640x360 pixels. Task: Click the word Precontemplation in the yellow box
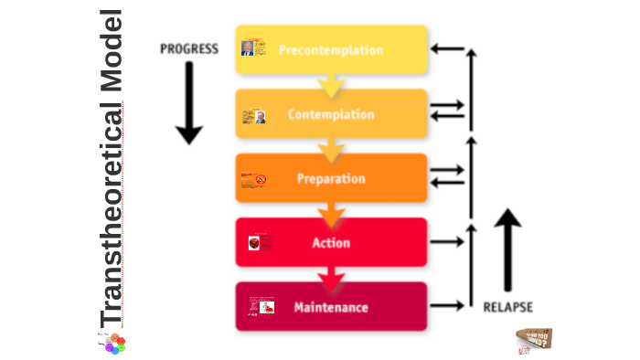(x=330, y=50)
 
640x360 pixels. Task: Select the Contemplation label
(x=330, y=114)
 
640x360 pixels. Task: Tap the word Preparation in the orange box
(x=330, y=179)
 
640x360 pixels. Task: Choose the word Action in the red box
(x=330, y=243)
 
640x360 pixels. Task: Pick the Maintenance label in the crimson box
(x=330, y=307)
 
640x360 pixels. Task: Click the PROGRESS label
(x=189, y=48)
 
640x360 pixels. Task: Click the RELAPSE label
(x=507, y=307)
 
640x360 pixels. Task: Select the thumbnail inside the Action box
(x=255, y=243)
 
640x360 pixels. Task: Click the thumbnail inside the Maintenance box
(x=264, y=308)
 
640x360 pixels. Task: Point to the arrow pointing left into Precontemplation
(x=446, y=48)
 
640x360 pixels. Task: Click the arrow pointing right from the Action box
(x=446, y=242)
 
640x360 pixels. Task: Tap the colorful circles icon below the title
(x=113, y=344)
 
